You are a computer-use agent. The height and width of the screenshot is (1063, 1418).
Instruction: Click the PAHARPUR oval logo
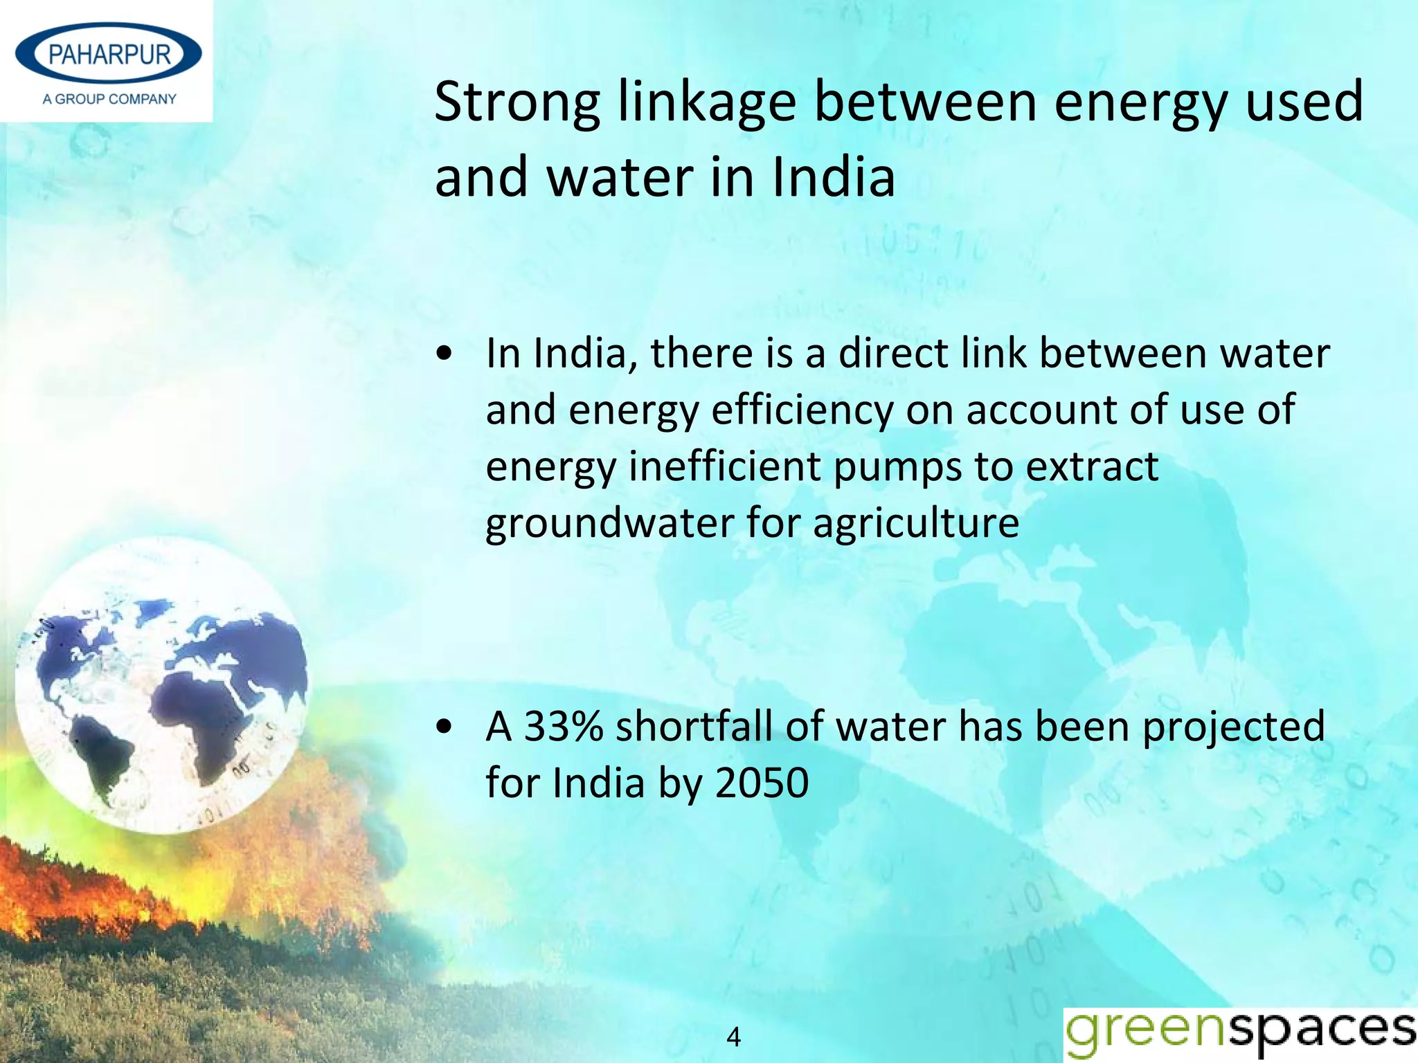109,54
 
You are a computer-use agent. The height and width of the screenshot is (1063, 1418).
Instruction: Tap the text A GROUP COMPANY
109,99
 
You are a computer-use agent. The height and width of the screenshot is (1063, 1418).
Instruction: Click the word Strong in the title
517,102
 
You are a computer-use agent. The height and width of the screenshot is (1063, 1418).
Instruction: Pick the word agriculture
915,523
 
